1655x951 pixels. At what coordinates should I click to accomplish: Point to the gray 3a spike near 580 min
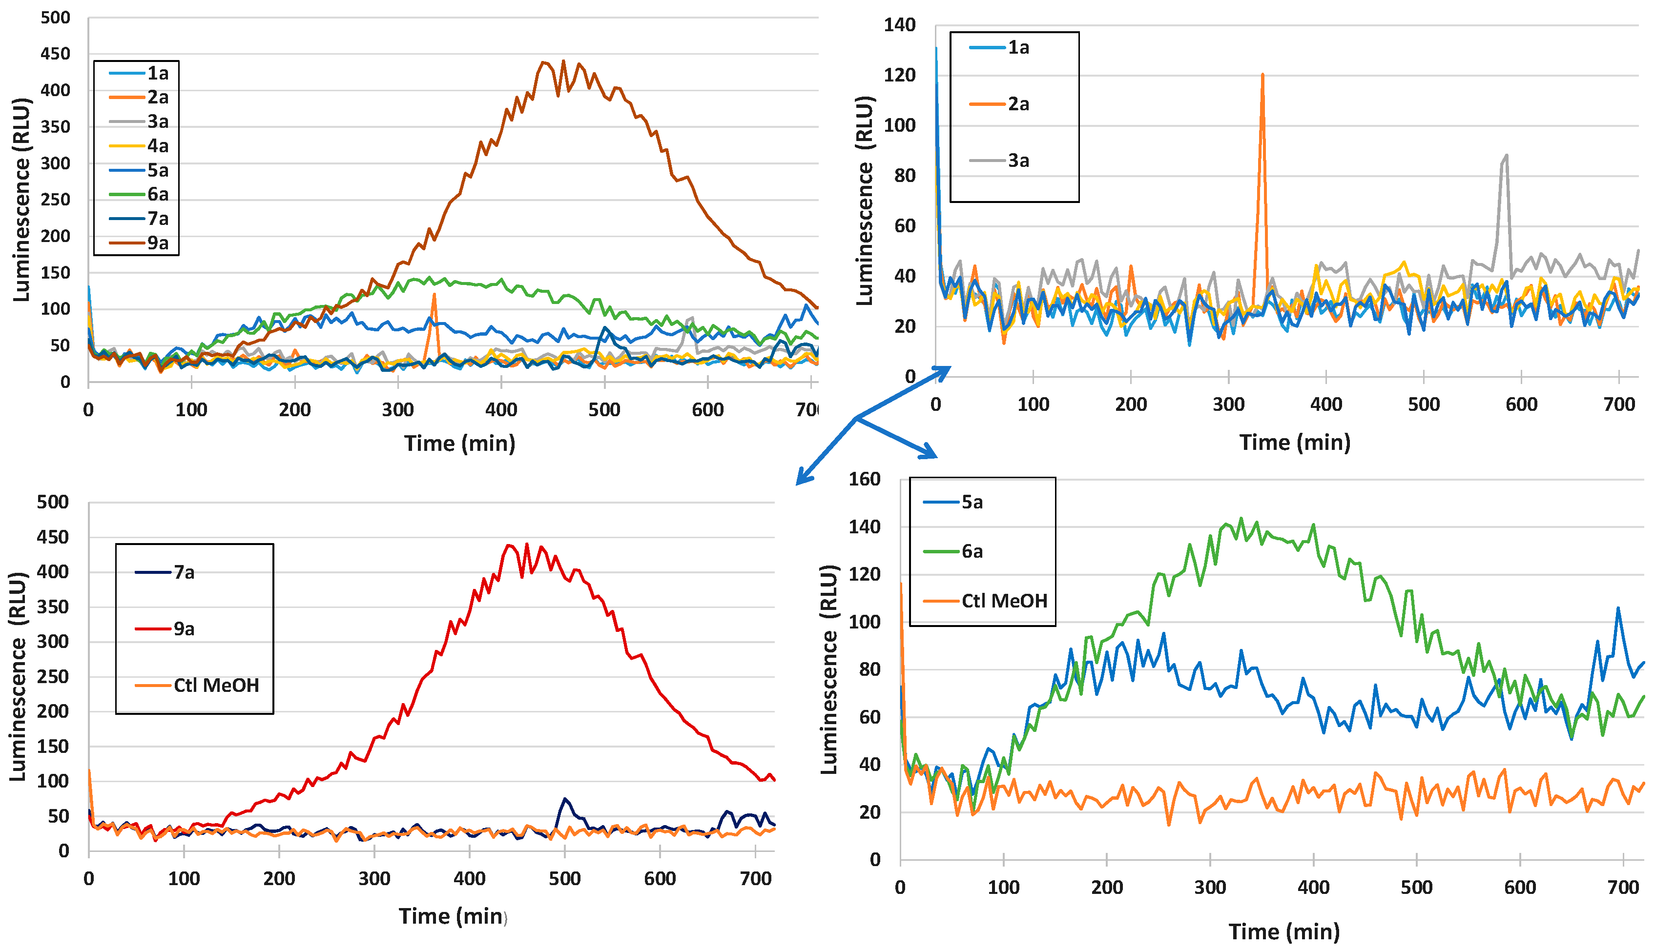point(1506,156)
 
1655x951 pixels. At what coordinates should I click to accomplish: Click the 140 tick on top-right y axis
point(899,25)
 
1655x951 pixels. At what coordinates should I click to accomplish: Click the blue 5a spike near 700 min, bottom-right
point(1618,608)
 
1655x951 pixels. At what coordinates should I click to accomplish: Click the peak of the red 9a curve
point(527,544)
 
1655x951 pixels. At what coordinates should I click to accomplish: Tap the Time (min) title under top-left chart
point(459,444)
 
